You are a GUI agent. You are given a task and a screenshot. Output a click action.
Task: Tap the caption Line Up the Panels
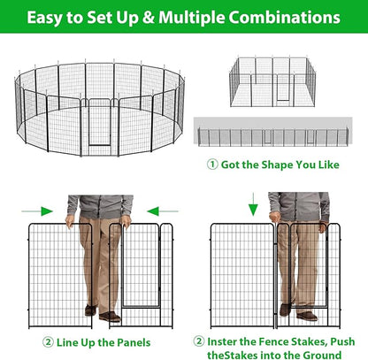96,341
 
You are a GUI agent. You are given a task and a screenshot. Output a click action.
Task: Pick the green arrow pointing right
42,211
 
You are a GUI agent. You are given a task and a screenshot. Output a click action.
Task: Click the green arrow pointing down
253,209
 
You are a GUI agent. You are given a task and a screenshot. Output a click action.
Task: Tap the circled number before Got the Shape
213,165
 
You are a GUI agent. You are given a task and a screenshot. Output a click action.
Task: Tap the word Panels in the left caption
129,341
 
